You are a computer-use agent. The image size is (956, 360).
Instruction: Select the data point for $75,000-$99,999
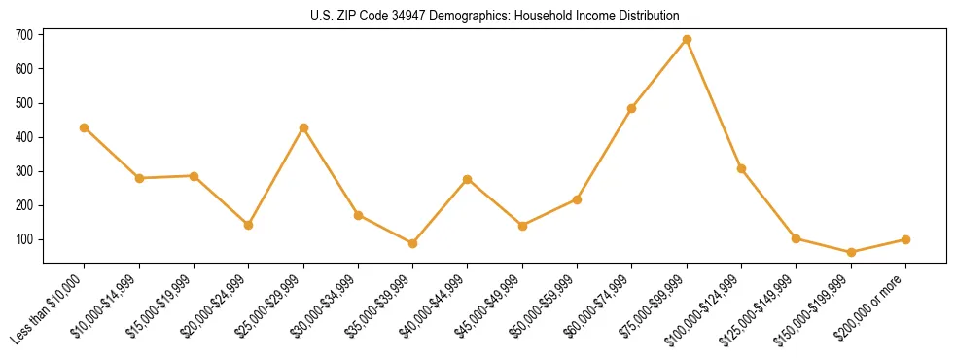[687, 40]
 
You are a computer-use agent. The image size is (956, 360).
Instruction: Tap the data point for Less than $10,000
[85, 127]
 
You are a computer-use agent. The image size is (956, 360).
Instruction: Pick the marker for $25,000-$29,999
[303, 127]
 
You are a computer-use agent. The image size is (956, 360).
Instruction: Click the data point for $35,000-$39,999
[413, 243]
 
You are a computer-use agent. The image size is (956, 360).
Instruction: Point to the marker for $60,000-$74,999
[632, 108]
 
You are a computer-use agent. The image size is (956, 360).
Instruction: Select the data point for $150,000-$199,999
[851, 252]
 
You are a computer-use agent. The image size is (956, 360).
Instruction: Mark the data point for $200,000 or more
[905, 239]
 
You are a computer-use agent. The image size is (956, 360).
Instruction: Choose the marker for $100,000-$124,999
[741, 168]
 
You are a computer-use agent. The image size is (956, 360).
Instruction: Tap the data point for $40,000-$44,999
[468, 179]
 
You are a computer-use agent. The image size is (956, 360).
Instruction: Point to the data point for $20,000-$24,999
[249, 225]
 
